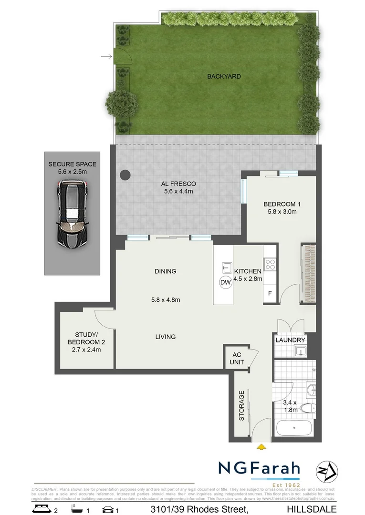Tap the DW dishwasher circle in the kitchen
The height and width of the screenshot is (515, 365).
(225, 283)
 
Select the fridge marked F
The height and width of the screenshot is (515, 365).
(270, 293)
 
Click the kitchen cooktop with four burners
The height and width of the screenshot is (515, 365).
(271, 264)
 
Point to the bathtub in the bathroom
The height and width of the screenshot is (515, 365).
(293, 428)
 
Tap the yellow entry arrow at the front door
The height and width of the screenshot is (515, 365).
(261, 447)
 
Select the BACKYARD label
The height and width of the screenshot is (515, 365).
(224, 76)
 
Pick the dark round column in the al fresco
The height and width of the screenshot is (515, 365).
(125, 175)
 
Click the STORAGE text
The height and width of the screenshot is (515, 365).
(241, 406)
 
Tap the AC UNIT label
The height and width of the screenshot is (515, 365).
(238, 359)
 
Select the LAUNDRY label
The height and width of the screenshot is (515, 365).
(290, 340)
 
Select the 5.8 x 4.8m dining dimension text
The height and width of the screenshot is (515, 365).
(165, 300)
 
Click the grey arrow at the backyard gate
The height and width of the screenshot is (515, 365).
(106, 58)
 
